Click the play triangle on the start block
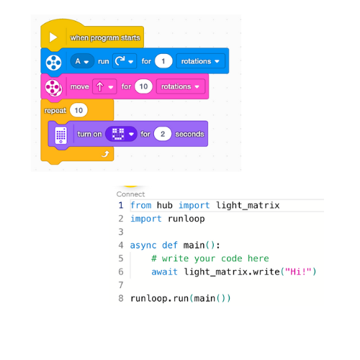pos(53,37)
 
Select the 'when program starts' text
pos(105,37)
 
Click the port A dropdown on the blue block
pos(82,62)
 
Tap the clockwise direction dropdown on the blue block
pos(124,62)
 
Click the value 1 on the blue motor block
pos(163,62)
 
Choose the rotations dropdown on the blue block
pos(199,62)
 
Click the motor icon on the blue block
pos(53,63)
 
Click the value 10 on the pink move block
pos(144,86)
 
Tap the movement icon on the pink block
pos(53,87)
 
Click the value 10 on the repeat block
pos(78,110)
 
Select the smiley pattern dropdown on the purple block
pos(120,134)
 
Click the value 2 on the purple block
pos(163,134)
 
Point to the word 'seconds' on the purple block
pos(189,134)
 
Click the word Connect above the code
pos(130,194)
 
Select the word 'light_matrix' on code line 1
pos(248,206)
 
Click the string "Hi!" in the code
pos(298,271)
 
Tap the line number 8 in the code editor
pos(121,298)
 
